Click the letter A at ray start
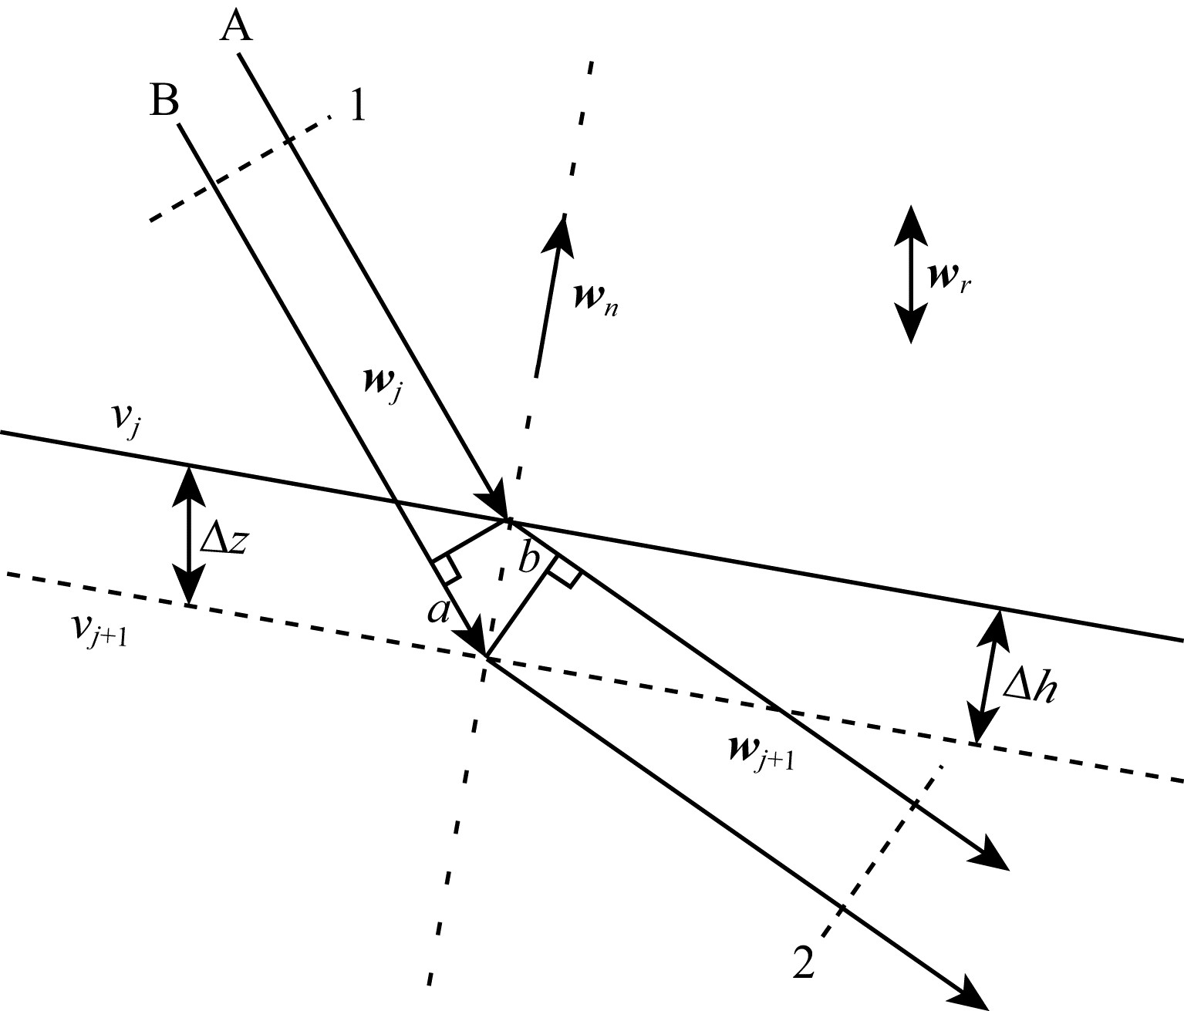[236, 28]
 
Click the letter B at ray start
[164, 100]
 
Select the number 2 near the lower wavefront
[804, 964]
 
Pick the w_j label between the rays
[381, 386]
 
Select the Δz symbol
[224, 538]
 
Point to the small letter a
[438, 611]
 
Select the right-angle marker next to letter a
[447, 569]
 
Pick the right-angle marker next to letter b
[564, 571]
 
